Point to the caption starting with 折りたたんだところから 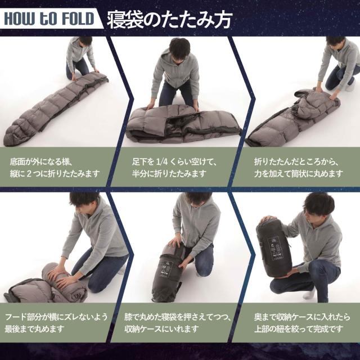click(298, 167)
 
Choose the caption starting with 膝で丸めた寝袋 click(178, 323)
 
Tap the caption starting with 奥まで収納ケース click(298, 323)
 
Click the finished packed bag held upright click(273, 247)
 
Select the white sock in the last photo click(309, 293)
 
